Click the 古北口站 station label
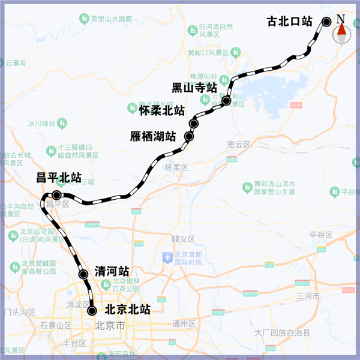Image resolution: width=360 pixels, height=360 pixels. coord(290,22)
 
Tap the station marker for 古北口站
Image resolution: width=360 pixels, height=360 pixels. coord(327,22)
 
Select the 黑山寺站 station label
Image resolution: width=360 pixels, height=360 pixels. coord(194,88)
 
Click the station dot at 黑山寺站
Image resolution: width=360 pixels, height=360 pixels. coord(226,101)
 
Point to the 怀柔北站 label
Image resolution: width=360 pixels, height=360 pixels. coord(161,110)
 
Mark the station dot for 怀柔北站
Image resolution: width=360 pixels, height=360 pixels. coord(193,124)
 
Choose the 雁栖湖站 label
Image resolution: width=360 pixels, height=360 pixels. coord(153,136)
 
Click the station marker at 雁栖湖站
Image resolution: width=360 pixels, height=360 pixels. coord(189,137)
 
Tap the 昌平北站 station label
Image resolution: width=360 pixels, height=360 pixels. coord(59,178)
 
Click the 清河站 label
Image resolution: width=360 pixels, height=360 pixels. coord(112,272)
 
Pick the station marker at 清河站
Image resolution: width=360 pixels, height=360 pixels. coord(83,275)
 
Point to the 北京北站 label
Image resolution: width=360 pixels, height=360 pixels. coord(127,310)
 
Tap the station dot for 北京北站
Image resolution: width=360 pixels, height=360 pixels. coord(92,311)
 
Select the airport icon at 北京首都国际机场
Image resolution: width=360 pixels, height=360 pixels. coord(168,258)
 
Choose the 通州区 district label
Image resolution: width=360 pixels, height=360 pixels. coord(184,324)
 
